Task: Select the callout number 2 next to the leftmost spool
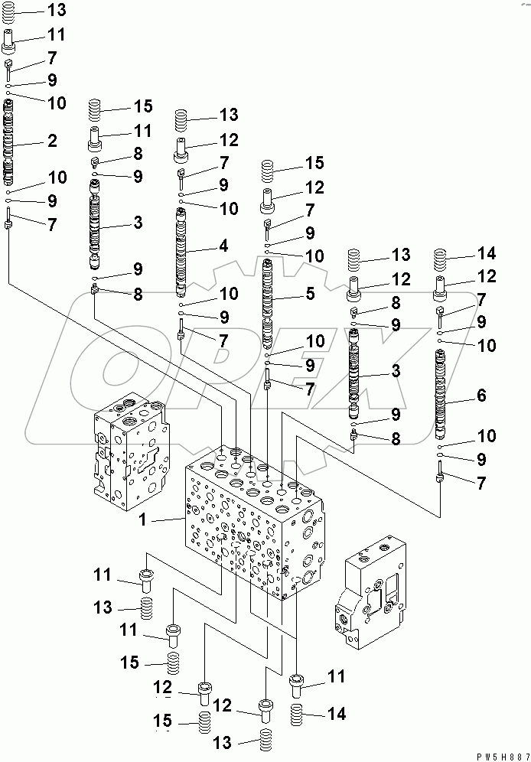click(53, 141)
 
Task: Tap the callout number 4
click(223, 246)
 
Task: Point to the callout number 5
click(311, 291)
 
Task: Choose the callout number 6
click(481, 396)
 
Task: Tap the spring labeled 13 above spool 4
click(182, 119)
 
